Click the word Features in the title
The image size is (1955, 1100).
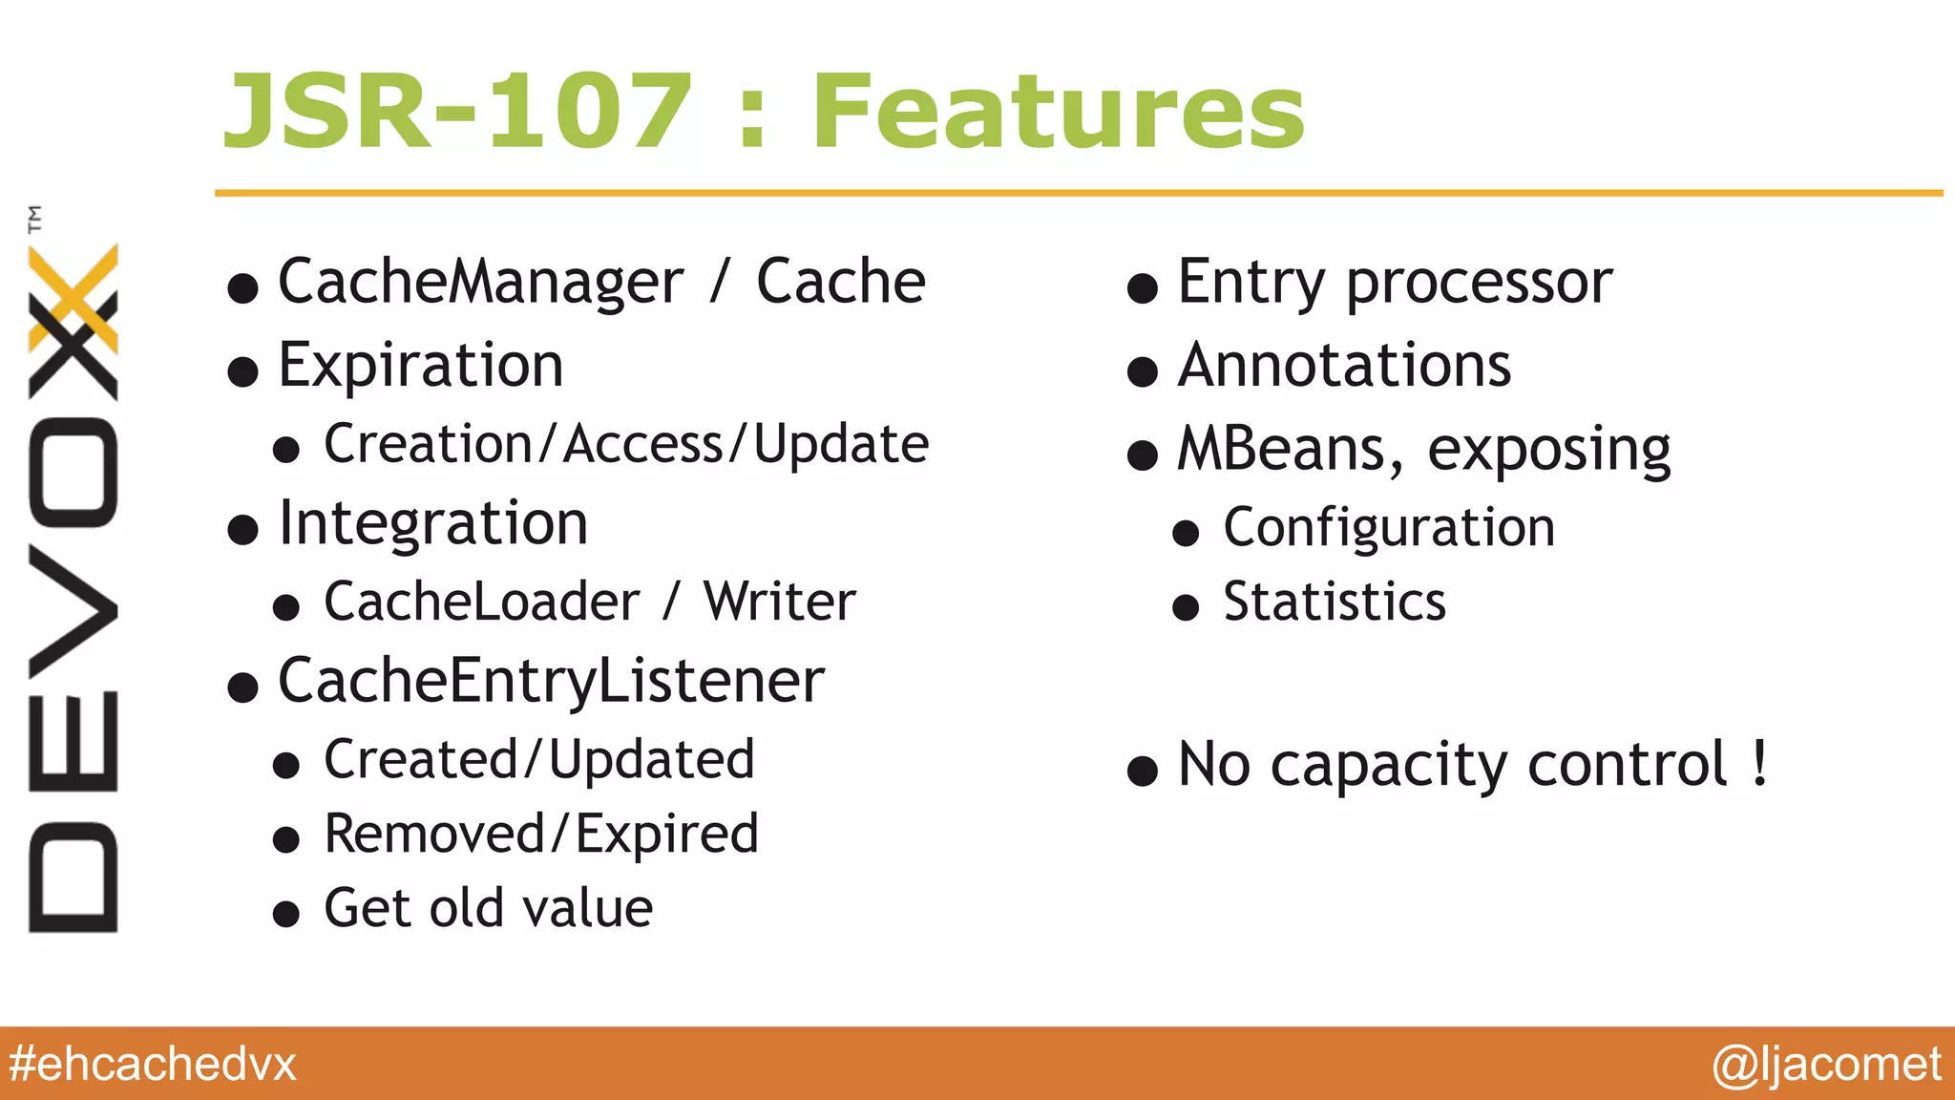[x=1058, y=113]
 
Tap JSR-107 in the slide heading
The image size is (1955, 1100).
[x=456, y=113]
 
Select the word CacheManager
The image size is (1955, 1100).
[x=480, y=282]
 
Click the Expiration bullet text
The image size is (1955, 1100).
[x=421, y=366]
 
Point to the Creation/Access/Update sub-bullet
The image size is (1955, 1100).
[x=626, y=445]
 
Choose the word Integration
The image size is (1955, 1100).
[x=432, y=524]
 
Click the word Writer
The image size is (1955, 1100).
[x=779, y=603]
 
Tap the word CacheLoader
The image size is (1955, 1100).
[x=481, y=603]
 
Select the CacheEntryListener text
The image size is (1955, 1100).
[x=551, y=682]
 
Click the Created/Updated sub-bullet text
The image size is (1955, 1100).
[x=539, y=760]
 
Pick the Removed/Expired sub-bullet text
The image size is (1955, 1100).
[x=541, y=835]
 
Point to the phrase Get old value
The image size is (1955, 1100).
[x=488, y=908]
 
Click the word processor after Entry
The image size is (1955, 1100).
[x=1479, y=284]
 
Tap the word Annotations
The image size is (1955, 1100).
[x=1344, y=366]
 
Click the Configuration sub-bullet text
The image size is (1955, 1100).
[x=1389, y=528]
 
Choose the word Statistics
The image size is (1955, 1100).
[x=1335, y=603]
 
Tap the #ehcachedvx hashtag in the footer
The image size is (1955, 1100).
[x=153, y=1064]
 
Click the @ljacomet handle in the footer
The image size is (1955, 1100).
[x=1826, y=1064]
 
